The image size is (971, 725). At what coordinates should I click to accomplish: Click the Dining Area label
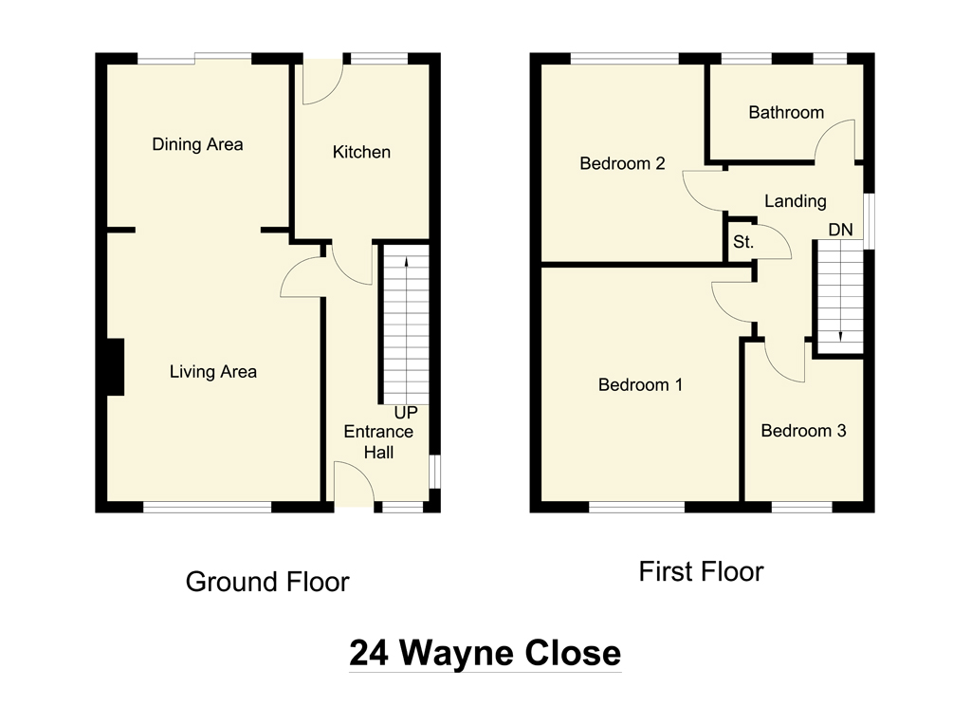[x=197, y=144]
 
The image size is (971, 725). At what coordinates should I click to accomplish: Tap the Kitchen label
[x=360, y=152]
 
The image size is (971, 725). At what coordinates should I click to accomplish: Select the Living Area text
[x=212, y=372]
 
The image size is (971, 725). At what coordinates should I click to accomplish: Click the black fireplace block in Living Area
[x=115, y=366]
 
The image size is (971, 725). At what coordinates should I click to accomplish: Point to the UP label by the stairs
[x=406, y=414]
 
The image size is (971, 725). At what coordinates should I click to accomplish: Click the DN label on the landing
[x=840, y=230]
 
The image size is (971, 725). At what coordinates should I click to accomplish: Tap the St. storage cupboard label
[x=742, y=243]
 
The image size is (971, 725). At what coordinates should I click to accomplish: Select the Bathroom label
[x=786, y=113]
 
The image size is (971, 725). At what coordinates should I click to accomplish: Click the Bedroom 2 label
[x=622, y=163]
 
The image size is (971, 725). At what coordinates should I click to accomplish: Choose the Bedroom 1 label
[x=640, y=385]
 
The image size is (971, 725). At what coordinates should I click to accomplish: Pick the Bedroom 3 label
[x=803, y=431]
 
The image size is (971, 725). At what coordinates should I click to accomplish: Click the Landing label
[x=795, y=201]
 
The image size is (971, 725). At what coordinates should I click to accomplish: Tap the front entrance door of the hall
[x=355, y=486]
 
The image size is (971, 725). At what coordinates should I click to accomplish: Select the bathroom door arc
[x=836, y=139]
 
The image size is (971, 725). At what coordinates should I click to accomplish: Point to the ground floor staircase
[x=406, y=323]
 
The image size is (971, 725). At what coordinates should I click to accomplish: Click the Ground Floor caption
[x=267, y=582]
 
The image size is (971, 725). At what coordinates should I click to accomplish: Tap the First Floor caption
[x=700, y=572]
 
